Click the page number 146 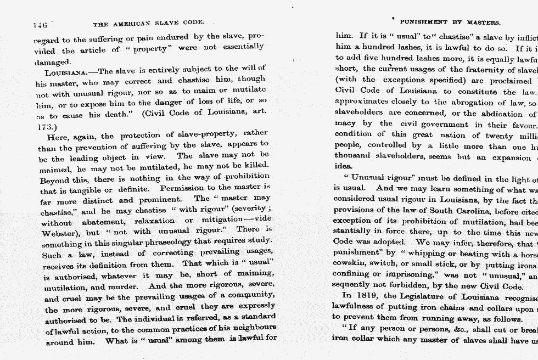[40, 25]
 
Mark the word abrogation [459, 103]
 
